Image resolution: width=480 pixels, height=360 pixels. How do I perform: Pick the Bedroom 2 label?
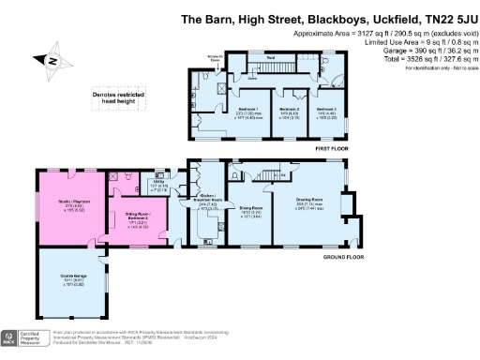(x=288, y=112)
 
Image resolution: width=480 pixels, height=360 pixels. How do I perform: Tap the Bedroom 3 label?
(x=327, y=112)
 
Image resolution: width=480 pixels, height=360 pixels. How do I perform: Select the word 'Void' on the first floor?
(x=268, y=57)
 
